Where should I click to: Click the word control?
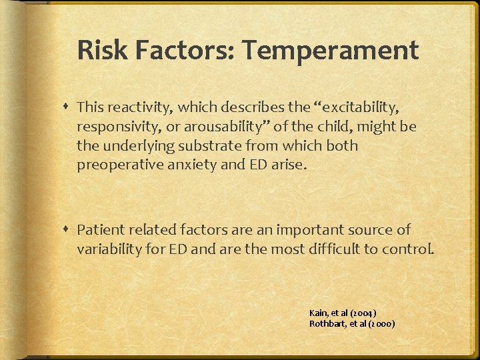point(412,249)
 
